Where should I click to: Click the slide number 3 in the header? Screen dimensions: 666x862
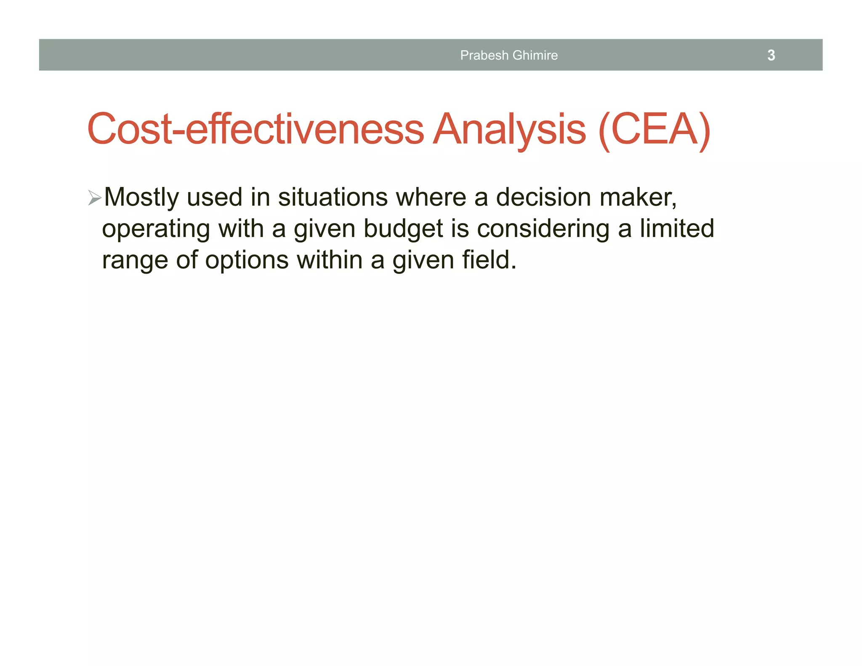click(771, 55)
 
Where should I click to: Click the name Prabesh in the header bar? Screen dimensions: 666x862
click(479, 55)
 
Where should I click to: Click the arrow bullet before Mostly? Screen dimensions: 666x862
click(95, 197)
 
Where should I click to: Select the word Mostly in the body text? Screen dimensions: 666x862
click(141, 197)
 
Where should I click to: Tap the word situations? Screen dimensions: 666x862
click(333, 197)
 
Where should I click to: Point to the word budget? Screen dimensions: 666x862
click(403, 229)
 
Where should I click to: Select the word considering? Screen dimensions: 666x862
click(543, 229)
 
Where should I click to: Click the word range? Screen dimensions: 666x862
click(135, 260)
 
